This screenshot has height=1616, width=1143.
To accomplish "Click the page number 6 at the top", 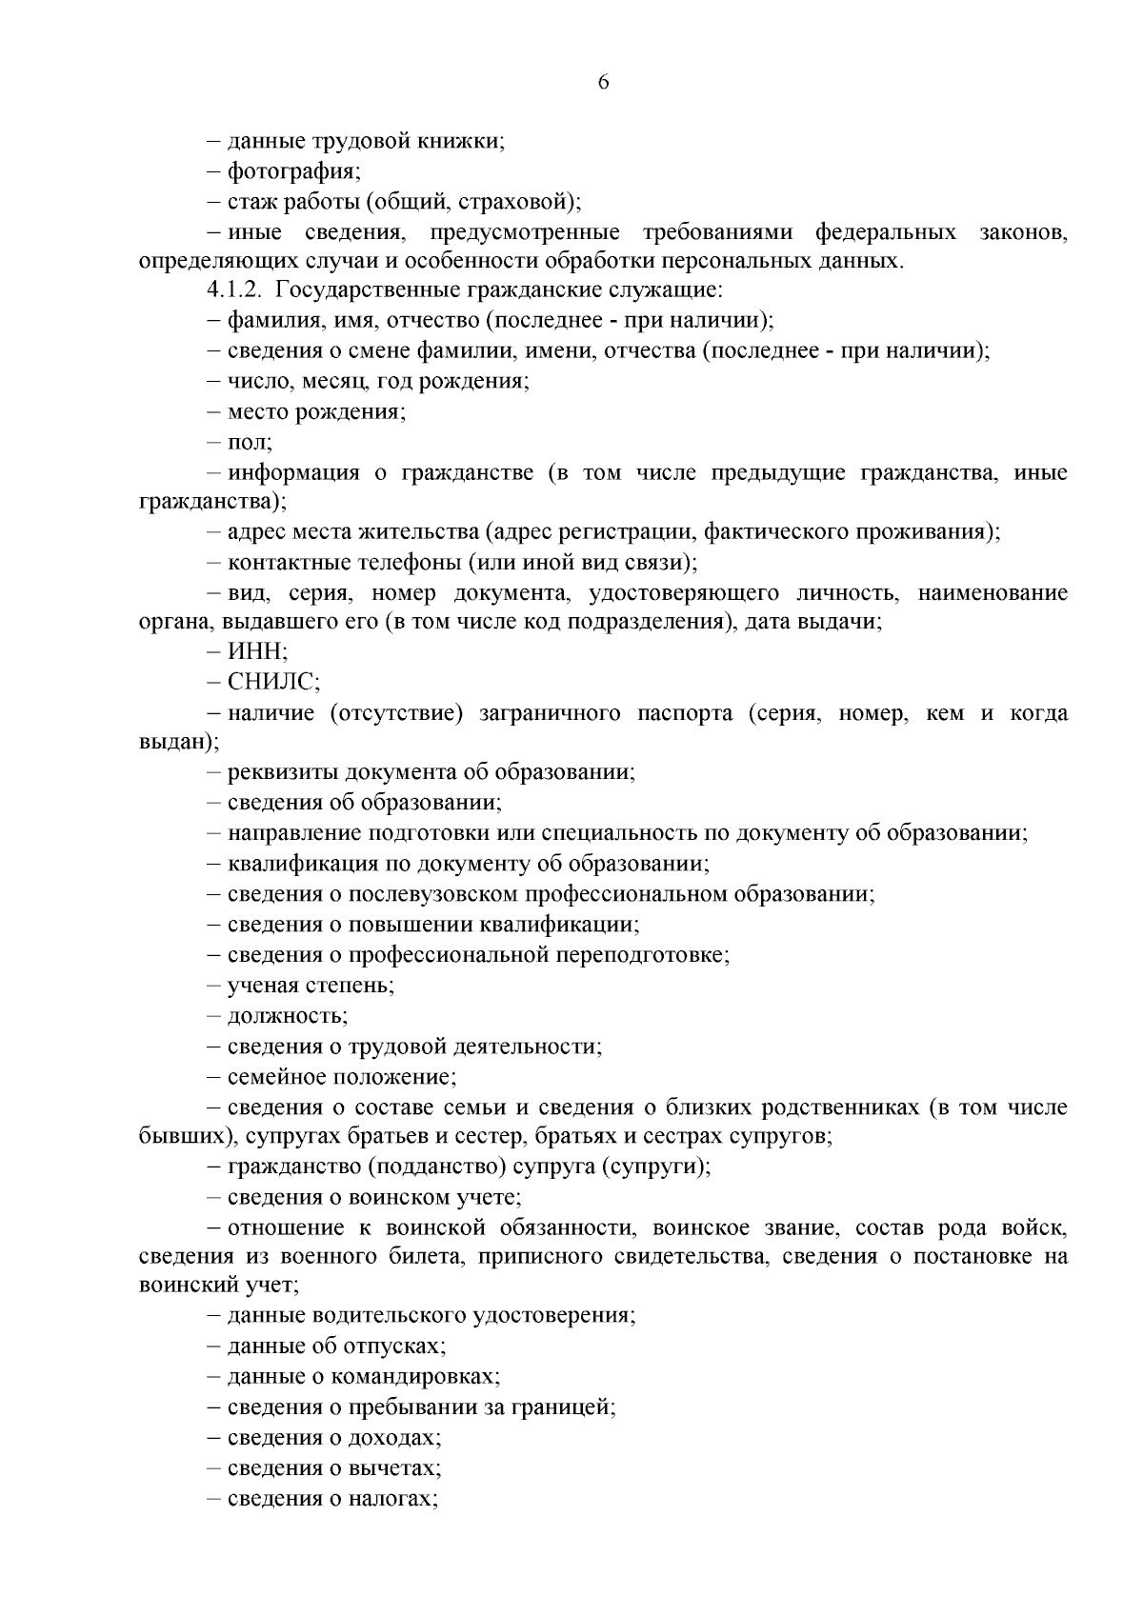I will pos(603,82).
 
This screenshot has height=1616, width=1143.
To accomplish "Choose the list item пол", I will pos(249,442).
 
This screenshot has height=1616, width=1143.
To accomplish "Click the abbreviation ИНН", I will pos(256,652).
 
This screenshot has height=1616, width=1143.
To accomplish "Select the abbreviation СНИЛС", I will pos(272,682).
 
